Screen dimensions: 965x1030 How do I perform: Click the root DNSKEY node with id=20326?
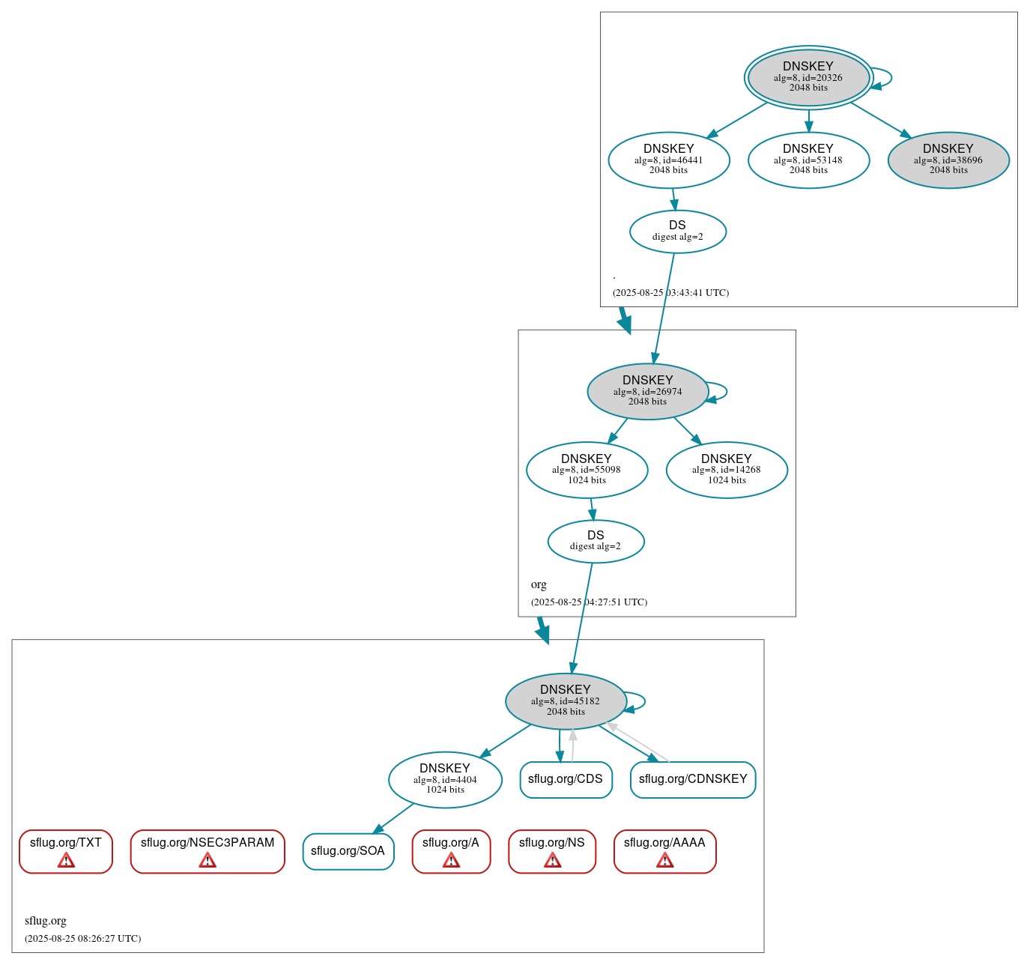click(x=808, y=77)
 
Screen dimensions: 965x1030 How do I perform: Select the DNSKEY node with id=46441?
click(x=669, y=160)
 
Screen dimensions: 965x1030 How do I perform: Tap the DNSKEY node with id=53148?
click(x=808, y=160)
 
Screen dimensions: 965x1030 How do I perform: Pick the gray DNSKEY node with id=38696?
click(x=948, y=160)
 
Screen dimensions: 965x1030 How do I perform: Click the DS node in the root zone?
click(x=678, y=231)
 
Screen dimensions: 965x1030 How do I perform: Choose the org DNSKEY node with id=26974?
click(x=648, y=391)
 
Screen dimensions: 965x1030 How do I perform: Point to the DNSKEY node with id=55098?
click(x=587, y=470)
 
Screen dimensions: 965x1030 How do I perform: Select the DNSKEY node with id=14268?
click(x=727, y=470)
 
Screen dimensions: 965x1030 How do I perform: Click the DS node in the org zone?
click(x=596, y=541)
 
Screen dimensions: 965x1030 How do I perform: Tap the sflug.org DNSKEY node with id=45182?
click(x=566, y=701)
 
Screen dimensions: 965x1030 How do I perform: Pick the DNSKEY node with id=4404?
click(x=445, y=779)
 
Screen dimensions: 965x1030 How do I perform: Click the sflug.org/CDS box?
click(x=566, y=779)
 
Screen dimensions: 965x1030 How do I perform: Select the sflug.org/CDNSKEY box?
click(x=693, y=779)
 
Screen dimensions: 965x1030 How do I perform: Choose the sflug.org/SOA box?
click(x=348, y=851)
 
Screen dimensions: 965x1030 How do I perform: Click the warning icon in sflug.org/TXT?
click(x=66, y=860)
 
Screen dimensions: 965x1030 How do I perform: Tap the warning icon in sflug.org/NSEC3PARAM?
click(x=207, y=860)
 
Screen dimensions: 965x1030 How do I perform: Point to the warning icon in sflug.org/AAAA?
click(x=664, y=860)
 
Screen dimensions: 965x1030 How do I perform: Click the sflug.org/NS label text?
click(x=552, y=843)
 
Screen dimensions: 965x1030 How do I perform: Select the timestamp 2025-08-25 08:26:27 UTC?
click(x=83, y=939)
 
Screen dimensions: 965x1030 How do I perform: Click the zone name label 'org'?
click(x=539, y=584)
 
